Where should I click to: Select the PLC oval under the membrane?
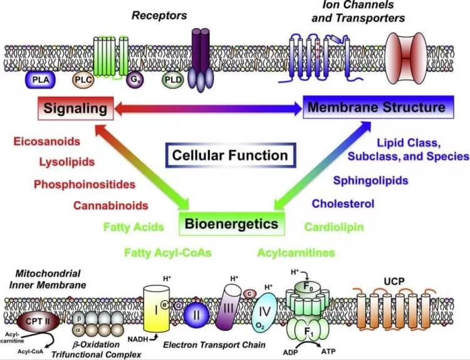83,80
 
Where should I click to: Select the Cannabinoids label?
110,205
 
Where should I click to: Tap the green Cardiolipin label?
333,227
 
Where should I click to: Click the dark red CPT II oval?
36,321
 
